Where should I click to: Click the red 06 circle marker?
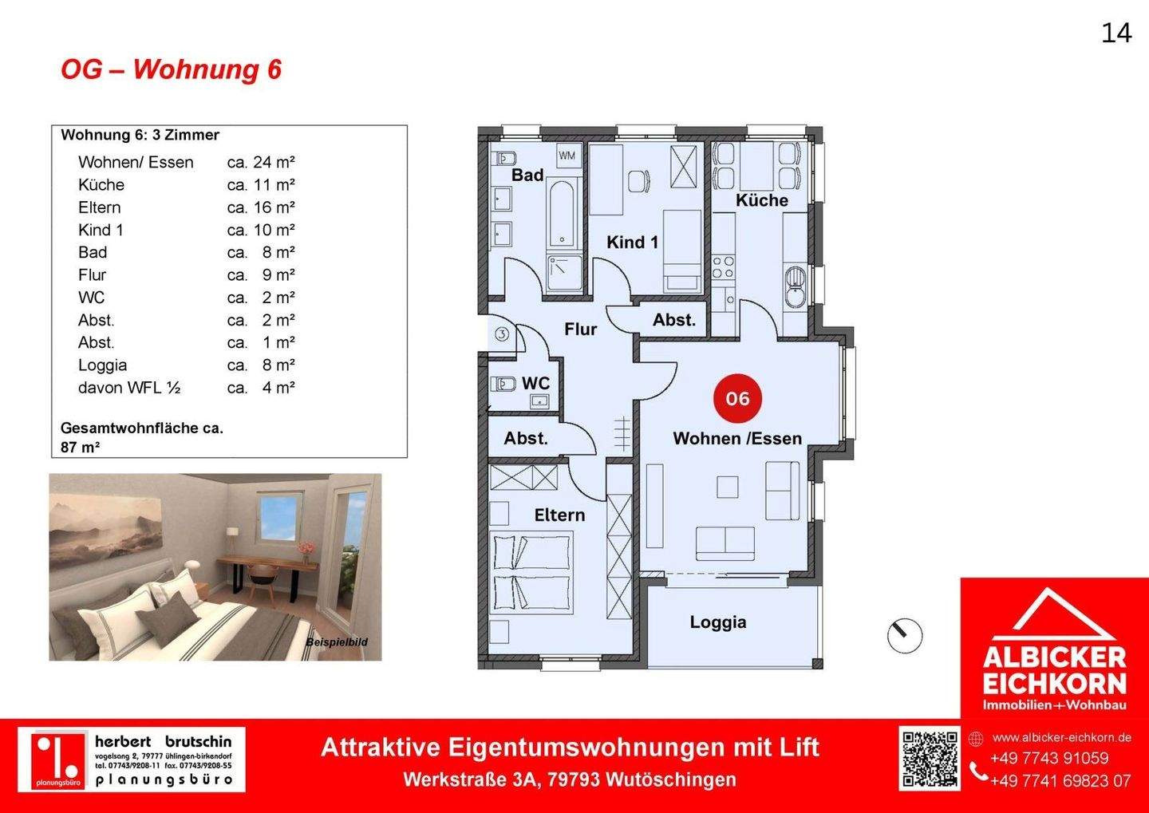(738, 398)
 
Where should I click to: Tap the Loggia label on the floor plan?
(718, 622)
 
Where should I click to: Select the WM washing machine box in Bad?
(567, 156)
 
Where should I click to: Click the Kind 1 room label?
(632, 243)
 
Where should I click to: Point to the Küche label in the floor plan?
(761, 200)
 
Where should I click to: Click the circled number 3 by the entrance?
(502, 334)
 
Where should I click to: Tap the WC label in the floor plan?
(535, 384)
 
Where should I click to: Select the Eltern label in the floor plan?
(559, 515)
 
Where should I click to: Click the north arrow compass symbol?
(905, 636)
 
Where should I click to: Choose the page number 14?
(1116, 33)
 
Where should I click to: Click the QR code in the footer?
(930, 758)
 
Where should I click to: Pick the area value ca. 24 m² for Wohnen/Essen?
(261, 163)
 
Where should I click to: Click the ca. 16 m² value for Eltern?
(261, 207)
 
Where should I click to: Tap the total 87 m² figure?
(80, 448)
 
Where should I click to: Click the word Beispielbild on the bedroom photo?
(336, 642)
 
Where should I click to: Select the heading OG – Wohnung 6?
(171, 69)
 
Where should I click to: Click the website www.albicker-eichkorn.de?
(1061, 738)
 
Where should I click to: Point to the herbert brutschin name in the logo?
(163, 742)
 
